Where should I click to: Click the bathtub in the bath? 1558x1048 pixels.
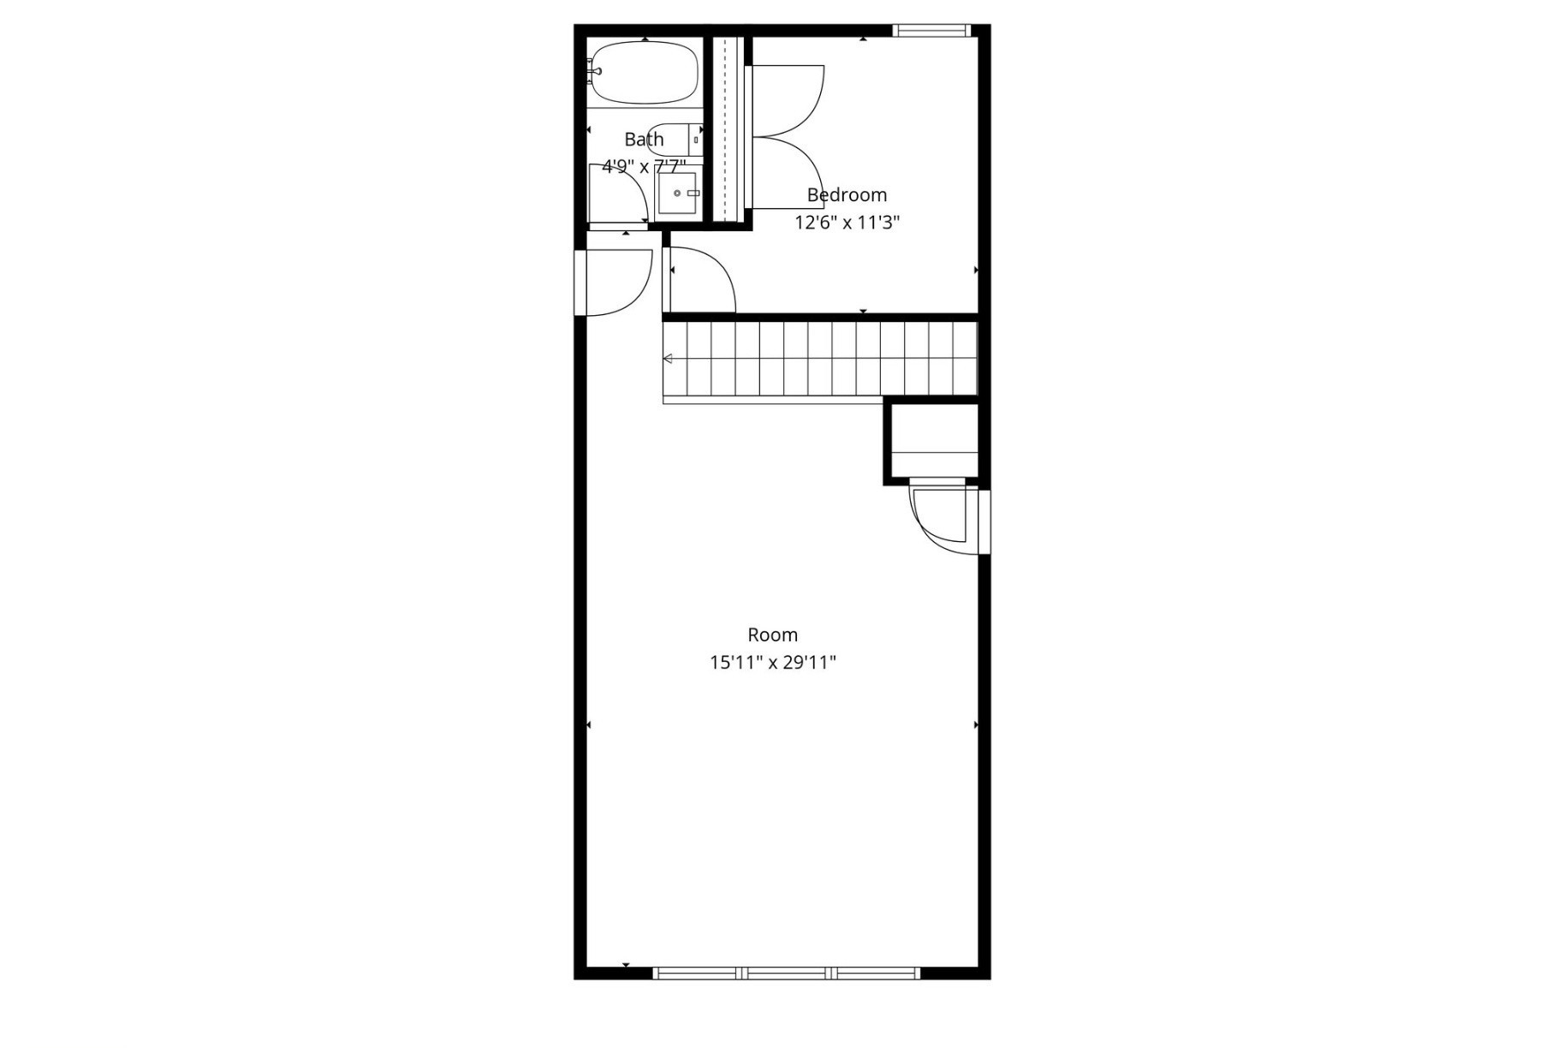pos(644,73)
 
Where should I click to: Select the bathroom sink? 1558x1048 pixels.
pos(677,194)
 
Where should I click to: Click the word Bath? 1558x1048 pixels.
pos(644,139)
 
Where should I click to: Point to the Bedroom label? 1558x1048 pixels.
pos(847,195)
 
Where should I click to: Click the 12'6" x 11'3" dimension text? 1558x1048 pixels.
pos(847,223)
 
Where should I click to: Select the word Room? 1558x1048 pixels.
pos(773,634)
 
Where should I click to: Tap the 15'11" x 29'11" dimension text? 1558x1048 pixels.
pos(773,662)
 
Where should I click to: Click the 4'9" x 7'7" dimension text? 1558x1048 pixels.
pos(644,166)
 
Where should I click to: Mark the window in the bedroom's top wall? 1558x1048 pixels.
pos(931,31)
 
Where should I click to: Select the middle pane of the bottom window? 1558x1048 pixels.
pos(787,973)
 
